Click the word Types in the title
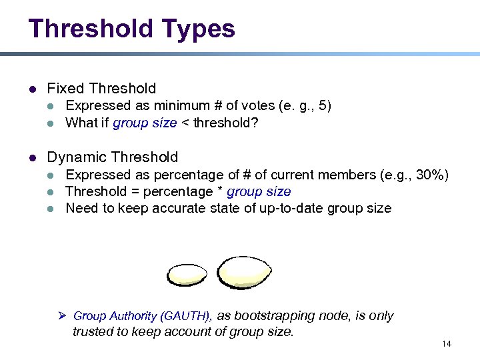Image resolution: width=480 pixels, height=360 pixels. (x=197, y=29)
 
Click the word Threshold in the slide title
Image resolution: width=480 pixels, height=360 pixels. (x=91, y=29)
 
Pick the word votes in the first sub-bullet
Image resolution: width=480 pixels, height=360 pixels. (x=243, y=106)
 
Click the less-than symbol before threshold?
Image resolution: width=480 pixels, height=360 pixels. (x=185, y=123)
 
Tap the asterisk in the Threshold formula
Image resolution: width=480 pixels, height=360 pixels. (x=221, y=192)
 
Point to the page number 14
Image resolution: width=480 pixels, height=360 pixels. (x=446, y=343)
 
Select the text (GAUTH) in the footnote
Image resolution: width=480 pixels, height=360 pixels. (x=187, y=316)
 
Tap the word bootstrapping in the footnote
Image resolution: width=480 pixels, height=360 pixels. (x=275, y=316)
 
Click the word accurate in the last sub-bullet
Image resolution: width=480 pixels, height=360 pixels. (x=187, y=209)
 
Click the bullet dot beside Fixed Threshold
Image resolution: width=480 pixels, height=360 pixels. (x=31, y=89)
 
